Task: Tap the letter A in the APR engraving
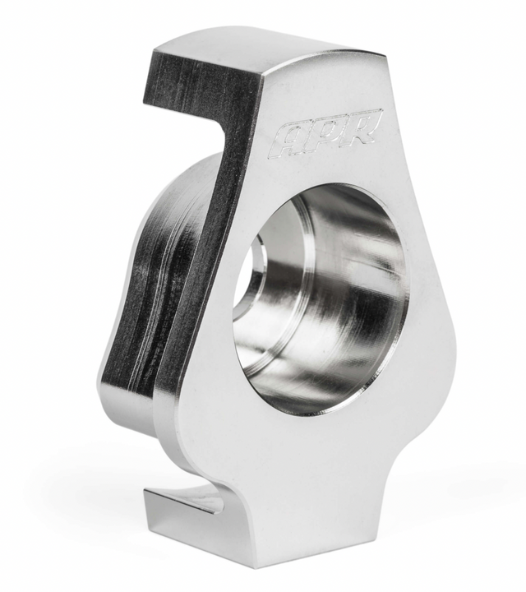[x=288, y=140]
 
